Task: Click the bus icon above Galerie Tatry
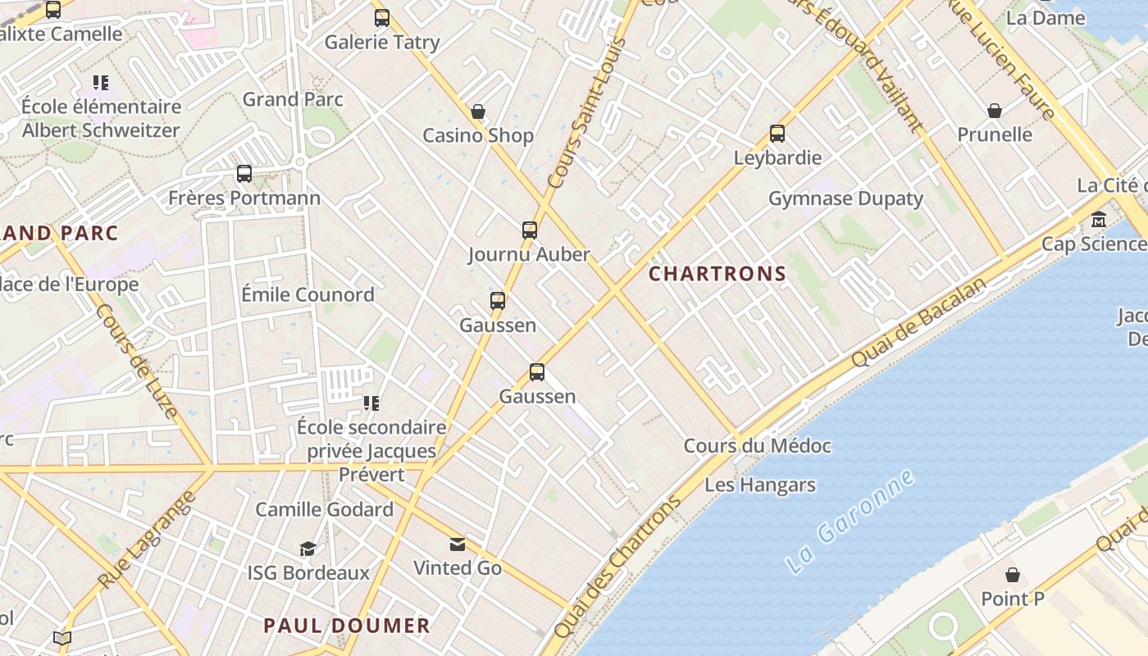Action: point(382,17)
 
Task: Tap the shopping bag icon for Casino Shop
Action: point(478,112)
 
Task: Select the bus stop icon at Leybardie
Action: point(777,133)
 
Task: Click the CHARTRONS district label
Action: point(717,274)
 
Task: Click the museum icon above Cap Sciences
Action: point(1099,220)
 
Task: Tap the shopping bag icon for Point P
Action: point(1013,574)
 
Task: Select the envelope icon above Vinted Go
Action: point(457,544)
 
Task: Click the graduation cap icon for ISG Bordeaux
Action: point(308,548)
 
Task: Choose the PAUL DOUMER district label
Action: point(347,626)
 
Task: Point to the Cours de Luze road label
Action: point(137,361)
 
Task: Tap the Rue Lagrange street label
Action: point(148,540)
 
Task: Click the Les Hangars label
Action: point(760,485)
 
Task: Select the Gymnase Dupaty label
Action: point(845,198)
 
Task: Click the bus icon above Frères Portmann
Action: point(244,174)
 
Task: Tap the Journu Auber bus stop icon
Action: point(530,230)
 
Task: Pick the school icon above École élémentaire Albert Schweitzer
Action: point(101,82)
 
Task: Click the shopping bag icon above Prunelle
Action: point(995,111)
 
